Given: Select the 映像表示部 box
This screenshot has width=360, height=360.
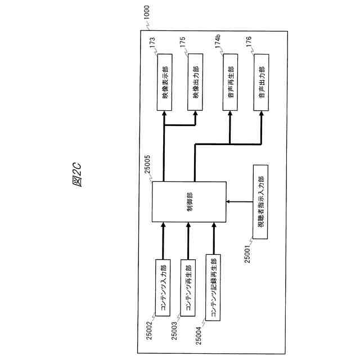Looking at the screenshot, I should (164, 83).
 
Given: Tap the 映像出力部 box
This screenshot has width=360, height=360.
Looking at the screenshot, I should (195, 83).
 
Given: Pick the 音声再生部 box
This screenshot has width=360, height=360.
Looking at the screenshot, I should (231, 83).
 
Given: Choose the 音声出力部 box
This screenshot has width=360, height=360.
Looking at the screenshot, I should (262, 83).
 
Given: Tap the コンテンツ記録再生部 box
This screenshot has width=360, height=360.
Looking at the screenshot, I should (214, 287).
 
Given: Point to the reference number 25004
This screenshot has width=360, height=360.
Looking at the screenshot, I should (199, 332).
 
